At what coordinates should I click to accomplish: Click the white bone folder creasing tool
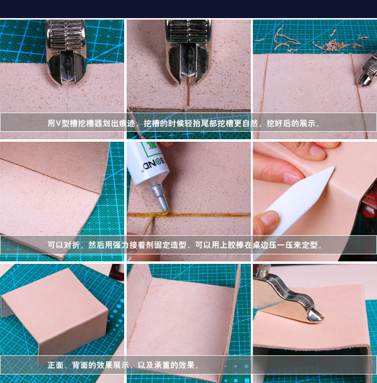[x=298, y=200]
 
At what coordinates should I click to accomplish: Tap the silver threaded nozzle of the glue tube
[x=158, y=196]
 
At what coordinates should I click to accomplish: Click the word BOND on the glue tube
[x=154, y=164]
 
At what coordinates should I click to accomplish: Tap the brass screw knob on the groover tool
[x=262, y=270]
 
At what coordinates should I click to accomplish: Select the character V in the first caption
[x=58, y=123]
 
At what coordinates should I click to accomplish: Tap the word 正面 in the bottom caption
[x=55, y=365]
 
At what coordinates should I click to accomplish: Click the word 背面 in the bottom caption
[x=80, y=365]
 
